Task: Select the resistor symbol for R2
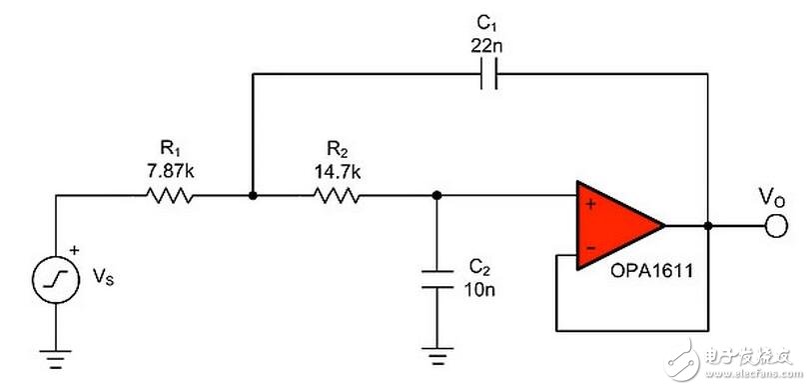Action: click(x=339, y=197)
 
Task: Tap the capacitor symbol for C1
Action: click(x=486, y=74)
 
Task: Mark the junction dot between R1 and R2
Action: click(x=254, y=197)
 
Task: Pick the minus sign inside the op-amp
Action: click(x=590, y=247)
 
